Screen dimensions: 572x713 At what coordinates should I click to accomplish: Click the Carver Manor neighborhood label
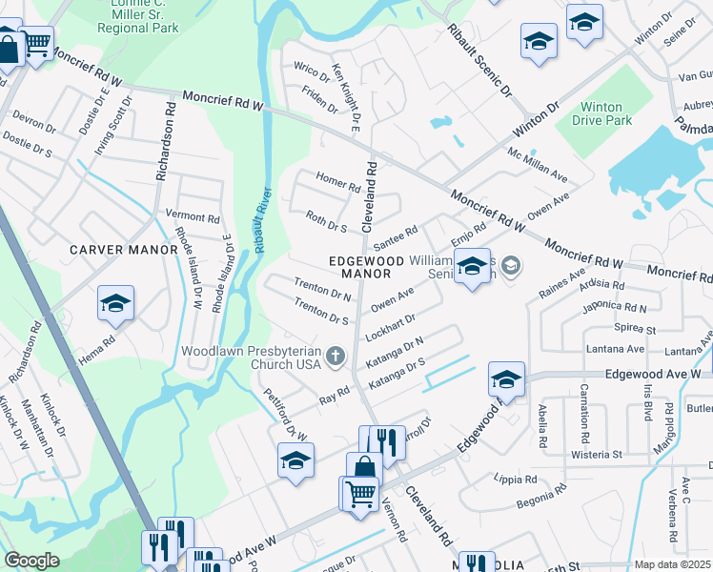click(124, 250)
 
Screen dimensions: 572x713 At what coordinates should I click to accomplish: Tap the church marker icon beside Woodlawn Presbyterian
click(335, 357)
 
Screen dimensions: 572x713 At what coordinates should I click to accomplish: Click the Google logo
click(31, 561)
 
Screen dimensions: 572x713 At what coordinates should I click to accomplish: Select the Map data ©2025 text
click(671, 564)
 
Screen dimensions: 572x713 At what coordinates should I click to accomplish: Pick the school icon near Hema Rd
click(116, 305)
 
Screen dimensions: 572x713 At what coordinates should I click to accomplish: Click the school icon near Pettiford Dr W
click(296, 461)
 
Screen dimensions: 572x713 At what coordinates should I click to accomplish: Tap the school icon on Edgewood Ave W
click(506, 379)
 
